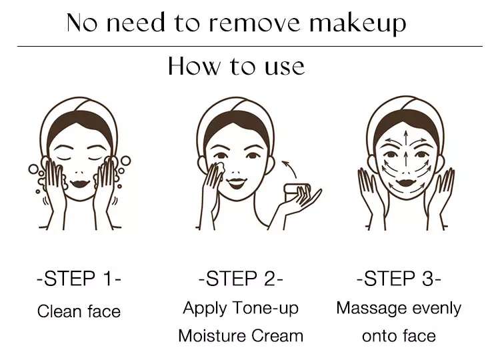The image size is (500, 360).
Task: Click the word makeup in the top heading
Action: pos(358,23)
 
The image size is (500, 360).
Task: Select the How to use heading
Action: pos(236,66)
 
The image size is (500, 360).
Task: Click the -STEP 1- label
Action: pos(79,279)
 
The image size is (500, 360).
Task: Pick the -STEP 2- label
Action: pos(241,279)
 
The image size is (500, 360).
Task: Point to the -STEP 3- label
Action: pos(399,279)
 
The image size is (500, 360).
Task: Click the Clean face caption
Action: pos(79,311)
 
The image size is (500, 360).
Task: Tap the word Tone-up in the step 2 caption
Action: pos(265,309)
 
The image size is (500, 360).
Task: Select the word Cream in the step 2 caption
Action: pos(277,336)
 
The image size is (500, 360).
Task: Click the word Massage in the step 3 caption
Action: pos(371,309)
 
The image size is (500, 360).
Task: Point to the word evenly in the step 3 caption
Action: pos(437,309)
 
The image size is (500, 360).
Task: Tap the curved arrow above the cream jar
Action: pos(291,168)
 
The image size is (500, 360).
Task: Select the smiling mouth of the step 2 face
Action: pos(236,183)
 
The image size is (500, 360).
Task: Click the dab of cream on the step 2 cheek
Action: pos(219,168)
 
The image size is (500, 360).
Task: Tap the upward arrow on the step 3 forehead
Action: pos(405,137)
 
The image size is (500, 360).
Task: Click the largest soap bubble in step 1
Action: pos(125,161)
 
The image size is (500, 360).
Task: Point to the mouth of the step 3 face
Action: pos(405,183)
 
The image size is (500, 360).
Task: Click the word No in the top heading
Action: pos(82,23)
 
